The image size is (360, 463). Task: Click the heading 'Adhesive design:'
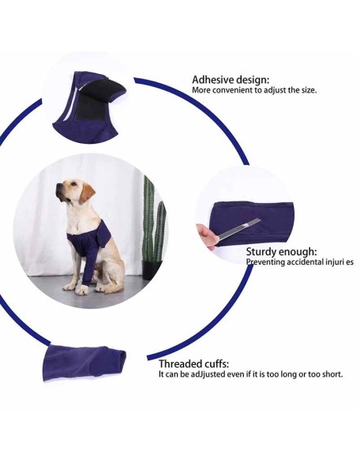pyautogui.click(x=231, y=80)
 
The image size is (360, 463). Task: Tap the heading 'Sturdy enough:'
pyautogui.click(x=282, y=252)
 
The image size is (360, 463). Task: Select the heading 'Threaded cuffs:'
pyautogui.click(x=194, y=363)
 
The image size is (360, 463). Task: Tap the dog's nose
pyautogui.click(x=58, y=186)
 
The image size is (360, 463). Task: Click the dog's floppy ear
pyautogui.click(x=88, y=193)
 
